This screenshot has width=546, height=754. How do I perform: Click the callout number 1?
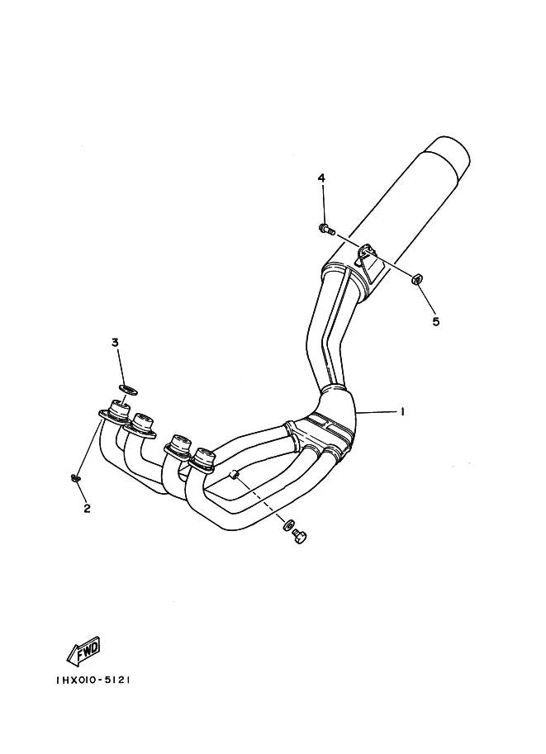[401, 411]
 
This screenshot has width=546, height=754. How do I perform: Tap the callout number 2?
[87, 509]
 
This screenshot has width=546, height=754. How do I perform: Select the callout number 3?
[115, 343]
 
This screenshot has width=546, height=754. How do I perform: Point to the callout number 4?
[320, 178]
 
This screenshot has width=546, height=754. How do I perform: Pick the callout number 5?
[436, 321]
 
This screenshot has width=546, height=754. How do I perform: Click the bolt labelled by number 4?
[326, 229]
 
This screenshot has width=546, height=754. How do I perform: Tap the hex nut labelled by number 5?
[416, 278]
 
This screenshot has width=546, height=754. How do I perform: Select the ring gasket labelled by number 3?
[128, 388]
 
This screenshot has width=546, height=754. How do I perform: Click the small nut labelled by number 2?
[75, 477]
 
